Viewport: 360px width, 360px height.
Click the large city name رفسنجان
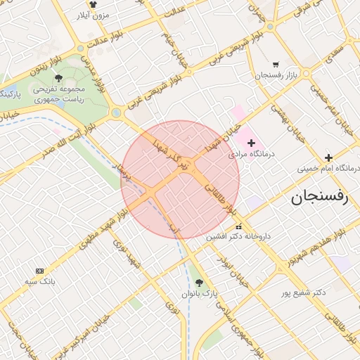pos(320,198)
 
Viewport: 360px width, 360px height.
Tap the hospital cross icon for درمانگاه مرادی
pos(252,143)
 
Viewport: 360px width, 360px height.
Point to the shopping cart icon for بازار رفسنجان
pos(275,64)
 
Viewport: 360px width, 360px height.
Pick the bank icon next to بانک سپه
pos(39,271)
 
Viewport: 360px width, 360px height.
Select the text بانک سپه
pos(40,281)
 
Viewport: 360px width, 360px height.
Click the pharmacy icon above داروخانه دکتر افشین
pos(238,226)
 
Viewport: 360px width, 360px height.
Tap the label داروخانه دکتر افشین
pos(238,237)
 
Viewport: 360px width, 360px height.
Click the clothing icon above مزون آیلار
pos(92,4)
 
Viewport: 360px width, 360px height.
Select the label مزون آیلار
pos(93,14)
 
